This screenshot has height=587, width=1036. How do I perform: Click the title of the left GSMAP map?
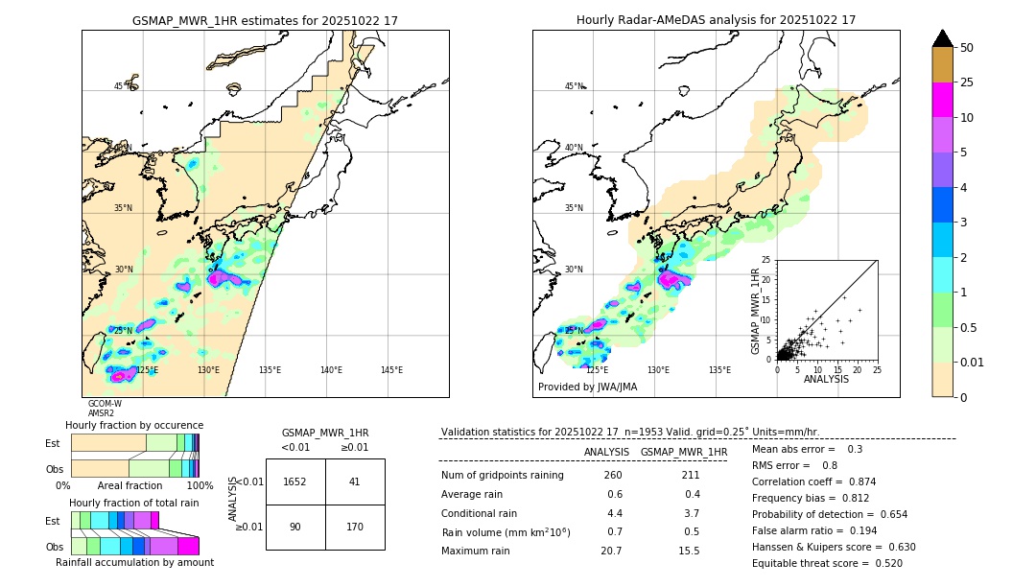tap(265, 20)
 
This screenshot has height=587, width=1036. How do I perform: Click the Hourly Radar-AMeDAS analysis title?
tap(716, 20)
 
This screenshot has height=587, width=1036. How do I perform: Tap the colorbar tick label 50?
tap(968, 48)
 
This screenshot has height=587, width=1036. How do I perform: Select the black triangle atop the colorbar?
tap(943, 38)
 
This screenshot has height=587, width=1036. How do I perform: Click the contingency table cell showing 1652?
tap(295, 481)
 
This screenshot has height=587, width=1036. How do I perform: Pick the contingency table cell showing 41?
tap(355, 481)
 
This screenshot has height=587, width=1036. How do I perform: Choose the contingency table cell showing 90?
tap(295, 527)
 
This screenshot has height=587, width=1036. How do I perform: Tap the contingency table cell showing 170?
tap(355, 527)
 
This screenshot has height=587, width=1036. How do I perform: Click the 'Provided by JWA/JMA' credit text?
tap(587, 387)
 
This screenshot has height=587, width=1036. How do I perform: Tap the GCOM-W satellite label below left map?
tap(105, 404)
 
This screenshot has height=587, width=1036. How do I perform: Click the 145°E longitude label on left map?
tap(391, 370)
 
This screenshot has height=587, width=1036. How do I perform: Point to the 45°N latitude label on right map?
tap(574, 86)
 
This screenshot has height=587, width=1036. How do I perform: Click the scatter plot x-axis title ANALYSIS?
tap(826, 379)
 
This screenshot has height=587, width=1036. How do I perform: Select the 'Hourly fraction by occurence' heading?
tap(134, 425)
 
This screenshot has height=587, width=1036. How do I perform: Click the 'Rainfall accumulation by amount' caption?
tap(134, 563)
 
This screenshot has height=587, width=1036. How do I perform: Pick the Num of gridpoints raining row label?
tap(502, 475)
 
